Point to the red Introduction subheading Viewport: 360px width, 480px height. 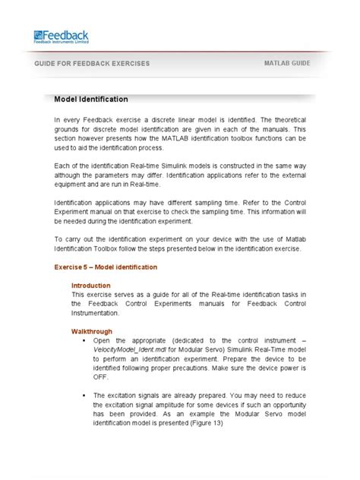[x=91, y=286]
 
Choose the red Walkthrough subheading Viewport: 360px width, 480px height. [x=92, y=331]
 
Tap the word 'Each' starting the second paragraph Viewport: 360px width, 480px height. [x=62, y=166]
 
